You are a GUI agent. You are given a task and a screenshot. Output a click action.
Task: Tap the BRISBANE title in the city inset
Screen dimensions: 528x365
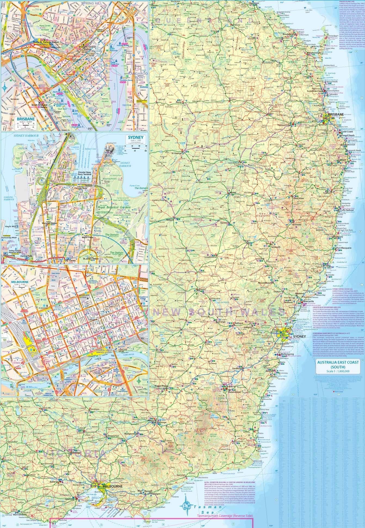click(24, 119)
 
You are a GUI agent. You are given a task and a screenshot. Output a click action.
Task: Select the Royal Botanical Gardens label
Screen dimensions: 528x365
click(111, 207)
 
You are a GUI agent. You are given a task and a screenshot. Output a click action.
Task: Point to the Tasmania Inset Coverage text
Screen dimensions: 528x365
click(225, 508)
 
